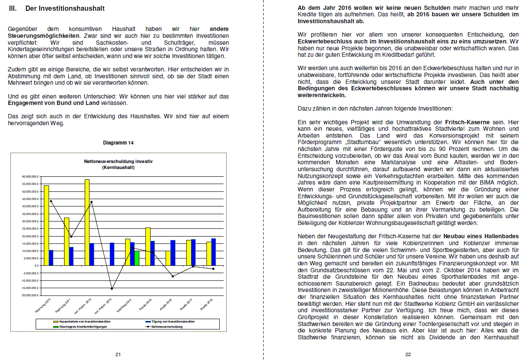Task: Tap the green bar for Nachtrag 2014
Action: click(x=137, y=258)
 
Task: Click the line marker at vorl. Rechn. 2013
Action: click(x=112, y=289)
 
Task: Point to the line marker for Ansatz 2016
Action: click(x=172, y=276)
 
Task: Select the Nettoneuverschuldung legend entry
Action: click(x=164, y=326)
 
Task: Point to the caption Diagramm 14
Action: click(x=118, y=142)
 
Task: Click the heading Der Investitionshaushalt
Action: click(x=65, y=8)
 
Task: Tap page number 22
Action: click(x=408, y=354)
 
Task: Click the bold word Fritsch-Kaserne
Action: click(x=468, y=123)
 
